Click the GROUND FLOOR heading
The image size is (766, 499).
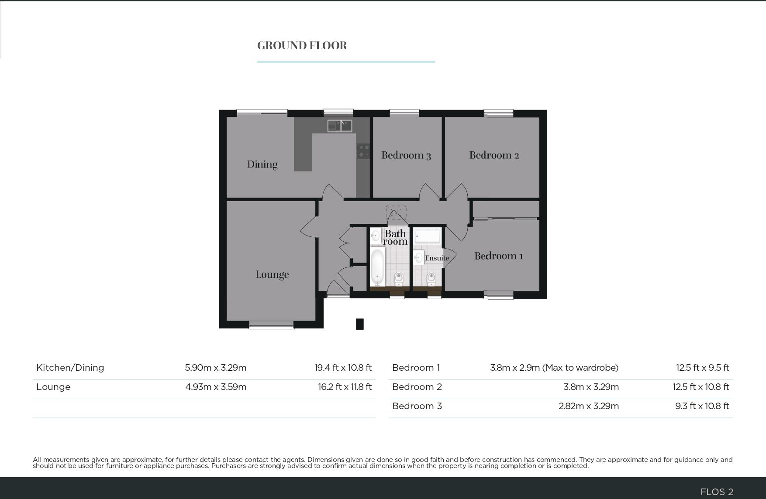pyautogui.click(x=302, y=45)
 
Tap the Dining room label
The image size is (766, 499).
pyautogui.click(x=262, y=164)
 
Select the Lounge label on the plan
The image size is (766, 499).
pyautogui.click(x=272, y=274)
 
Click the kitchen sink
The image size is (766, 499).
pyautogui.click(x=340, y=126)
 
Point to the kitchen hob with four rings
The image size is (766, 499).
pyautogui.click(x=363, y=151)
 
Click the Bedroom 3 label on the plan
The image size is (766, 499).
pyautogui.click(x=406, y=155)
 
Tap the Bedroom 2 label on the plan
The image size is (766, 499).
pyautogui.click(x=494, y=155)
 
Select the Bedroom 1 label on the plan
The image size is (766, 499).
pyautogui.click(x=499, y=256)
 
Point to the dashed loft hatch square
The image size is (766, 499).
pyautogui.click(x=396, y=212)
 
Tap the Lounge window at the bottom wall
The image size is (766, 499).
pyautogui.click(x=271, y=325)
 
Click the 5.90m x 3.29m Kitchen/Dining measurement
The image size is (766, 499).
pyautogui.click(x=215, y=368)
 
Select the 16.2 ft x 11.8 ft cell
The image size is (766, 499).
pyautogui.click(x=345, y=387)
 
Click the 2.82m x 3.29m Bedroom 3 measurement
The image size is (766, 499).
pyautogui.click(x=588, y=406)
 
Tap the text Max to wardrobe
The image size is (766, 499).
pyautogui.click(x=580, y=368)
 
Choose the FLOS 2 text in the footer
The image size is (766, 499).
pyautogui.click(x=716, y=492)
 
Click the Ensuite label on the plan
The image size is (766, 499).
pyautogui.click(x=437, y=258)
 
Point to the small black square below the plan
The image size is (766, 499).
pyautogui.click(x=359, y=324)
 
